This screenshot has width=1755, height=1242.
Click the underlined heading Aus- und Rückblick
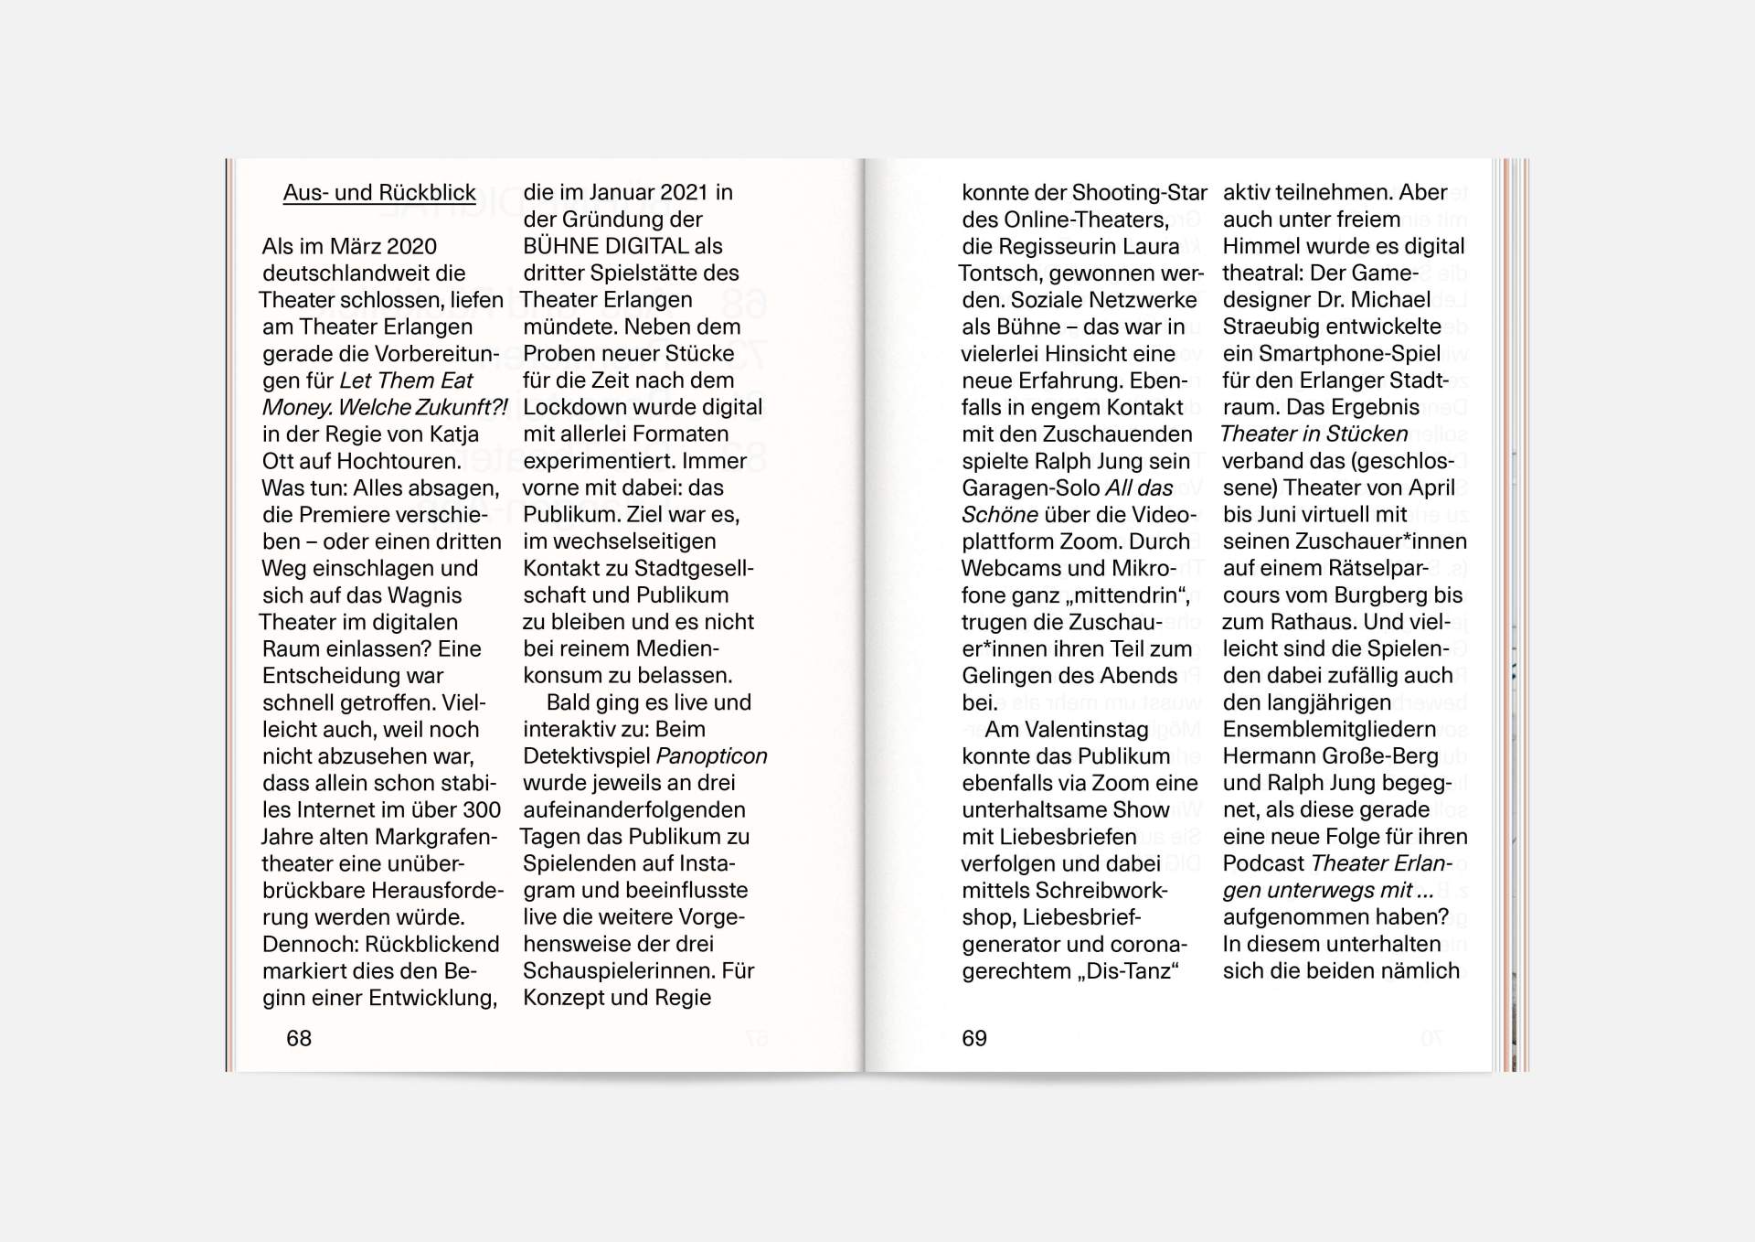tap(379, 193)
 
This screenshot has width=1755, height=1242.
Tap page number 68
tap(299, 1038)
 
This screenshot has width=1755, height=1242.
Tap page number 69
tap(974, 1038)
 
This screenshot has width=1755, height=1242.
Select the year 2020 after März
tap(411, 247)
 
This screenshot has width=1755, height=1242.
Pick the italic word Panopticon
tap(712, 756)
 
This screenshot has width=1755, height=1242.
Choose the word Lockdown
tap(573, 408)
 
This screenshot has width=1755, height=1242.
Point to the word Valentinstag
tap(1086, 730)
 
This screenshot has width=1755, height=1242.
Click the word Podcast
tap(1263, 864)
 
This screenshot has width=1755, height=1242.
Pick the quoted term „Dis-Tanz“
tap(1129, 971)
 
